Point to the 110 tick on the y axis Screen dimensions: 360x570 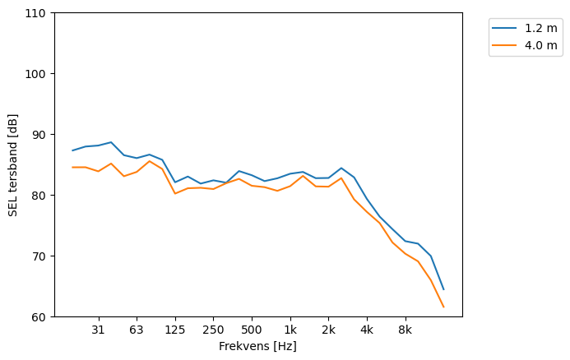(38, 13)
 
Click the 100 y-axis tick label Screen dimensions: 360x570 (38, 74)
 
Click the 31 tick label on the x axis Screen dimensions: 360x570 (98, 330)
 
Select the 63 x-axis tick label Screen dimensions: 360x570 (137, 330)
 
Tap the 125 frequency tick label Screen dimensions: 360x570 (174, 330)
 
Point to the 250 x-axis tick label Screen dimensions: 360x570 (213, 330)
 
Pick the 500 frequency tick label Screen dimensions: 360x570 (252, 330)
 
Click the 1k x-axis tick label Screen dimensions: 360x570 (290, 330)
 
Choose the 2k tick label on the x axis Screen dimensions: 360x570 (328, 330)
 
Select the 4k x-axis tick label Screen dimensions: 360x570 (367, 330)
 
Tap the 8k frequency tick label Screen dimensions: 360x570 (405, 330)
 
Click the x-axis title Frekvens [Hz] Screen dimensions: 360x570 (257, 346)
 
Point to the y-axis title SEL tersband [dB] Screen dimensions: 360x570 (12, 164)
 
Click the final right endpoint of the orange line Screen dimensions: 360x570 (443, 307)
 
